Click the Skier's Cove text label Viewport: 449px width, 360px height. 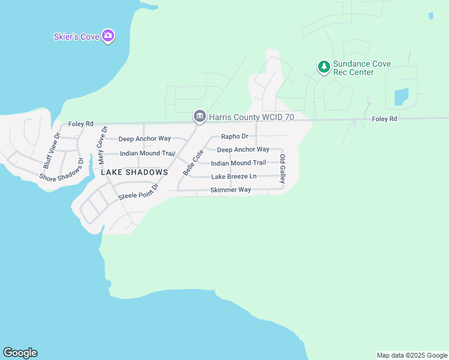pyautogui.click(x=76, y=37)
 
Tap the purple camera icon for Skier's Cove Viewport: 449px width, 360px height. pyautogui.click(x=108, y=36)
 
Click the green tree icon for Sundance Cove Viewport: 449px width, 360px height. pyautogui.click(x=324, y=67)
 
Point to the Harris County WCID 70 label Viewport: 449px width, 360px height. pyautogui.click(x=251, y=117)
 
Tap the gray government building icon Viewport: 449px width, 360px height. pyautogui.click(x=199, y=116)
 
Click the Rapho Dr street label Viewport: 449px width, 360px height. pyautogui.click(x=235, y=136)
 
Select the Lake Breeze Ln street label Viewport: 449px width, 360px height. pyautogui.click(x=234, y=176)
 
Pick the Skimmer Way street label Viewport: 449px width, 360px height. pyautogui.click(x=231, y=190)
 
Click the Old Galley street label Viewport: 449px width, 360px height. pyautogui.click(x=282, y=169)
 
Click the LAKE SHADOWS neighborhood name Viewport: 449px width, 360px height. pyautogui.click(x=134, y=172)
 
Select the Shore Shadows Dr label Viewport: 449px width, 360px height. pyautogui.click(x=61, y=170)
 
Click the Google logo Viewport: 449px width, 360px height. pyautogui.click(x=20, y=353)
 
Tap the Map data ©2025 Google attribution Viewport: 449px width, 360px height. pyautogui.click(x=412, y=355)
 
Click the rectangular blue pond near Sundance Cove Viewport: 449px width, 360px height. pyautogui.click(x=401, y=97)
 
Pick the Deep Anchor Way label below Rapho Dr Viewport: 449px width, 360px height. pyautogui.click(x=243, y=149)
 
